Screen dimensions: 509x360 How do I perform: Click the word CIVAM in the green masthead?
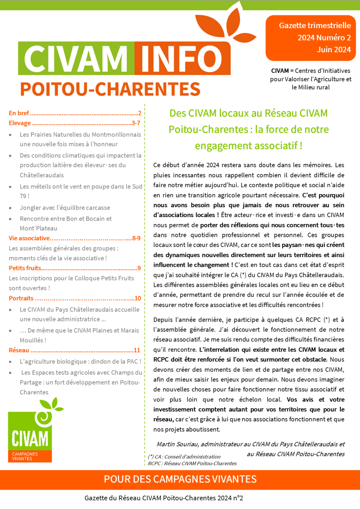76,58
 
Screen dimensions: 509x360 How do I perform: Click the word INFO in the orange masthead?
182,58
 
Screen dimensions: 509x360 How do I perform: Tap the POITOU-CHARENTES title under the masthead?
110,89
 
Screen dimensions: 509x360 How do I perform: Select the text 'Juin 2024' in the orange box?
333,50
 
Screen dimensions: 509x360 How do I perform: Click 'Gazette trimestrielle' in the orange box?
315,26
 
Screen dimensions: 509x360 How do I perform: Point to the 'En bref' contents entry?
19,113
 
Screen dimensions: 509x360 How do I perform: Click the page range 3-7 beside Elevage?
136,123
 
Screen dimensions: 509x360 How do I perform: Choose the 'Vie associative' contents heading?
29,238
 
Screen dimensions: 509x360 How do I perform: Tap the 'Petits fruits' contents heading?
25,268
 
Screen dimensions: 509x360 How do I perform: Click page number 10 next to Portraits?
138,298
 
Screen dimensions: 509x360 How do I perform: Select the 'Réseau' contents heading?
19,350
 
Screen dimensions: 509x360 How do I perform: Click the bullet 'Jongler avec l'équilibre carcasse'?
65,208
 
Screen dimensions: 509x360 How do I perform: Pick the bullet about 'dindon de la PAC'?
80,362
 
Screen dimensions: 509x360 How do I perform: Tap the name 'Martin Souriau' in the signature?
177,444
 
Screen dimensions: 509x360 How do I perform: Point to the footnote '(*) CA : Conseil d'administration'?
184,457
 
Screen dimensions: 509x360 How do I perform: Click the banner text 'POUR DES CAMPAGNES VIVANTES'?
180,479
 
